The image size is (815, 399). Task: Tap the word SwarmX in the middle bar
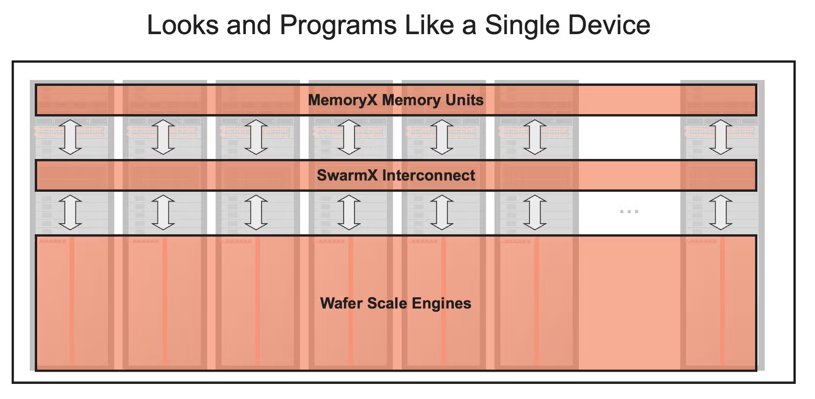(347, 175)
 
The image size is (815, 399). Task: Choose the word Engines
(441, 303)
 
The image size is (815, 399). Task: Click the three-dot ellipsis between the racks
(629, 212)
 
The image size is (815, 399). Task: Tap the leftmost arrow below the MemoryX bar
(70, 137)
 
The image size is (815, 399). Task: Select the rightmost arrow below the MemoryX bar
(720, 137)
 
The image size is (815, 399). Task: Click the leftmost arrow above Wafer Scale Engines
(70, 212)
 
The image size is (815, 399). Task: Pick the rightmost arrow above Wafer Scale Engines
(720, 212)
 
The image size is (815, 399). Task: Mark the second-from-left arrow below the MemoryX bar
(163, 137)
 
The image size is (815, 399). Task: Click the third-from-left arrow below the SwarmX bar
(256, 212)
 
